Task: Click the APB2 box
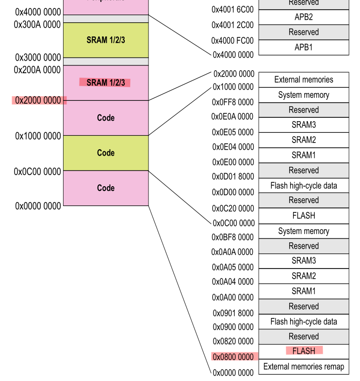[303, 17]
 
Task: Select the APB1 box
[303, 47]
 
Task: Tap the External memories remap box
[303, 366]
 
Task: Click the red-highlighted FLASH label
[304, 350]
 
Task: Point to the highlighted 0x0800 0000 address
[232, 357]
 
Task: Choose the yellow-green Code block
[106, 153]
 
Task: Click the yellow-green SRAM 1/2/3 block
[106, 40]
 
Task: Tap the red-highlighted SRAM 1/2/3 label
[105, 82]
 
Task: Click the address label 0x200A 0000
[37, 70]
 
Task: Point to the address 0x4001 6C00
[232, 10]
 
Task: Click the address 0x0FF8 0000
[232, 102]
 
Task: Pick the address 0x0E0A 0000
[232, 117]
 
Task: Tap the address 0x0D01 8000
[232, 177]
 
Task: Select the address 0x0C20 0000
[232, 208]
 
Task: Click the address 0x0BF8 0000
[232, 238]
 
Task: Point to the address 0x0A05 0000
[232, 267]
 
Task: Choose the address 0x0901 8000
[232, 313]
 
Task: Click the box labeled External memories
[303, 79]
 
